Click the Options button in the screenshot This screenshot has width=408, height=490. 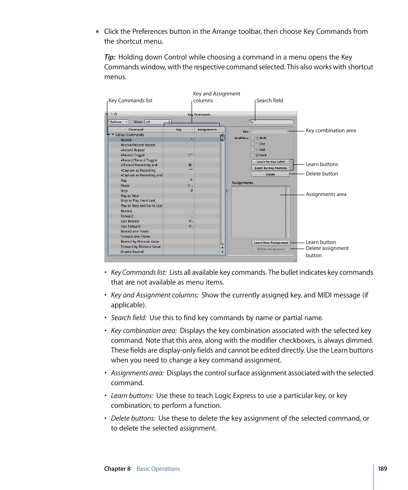[118, 122]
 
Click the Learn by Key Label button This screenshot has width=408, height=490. [270, 162]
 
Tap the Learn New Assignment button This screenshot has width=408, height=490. [271, 243]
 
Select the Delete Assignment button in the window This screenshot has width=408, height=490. [271, 249]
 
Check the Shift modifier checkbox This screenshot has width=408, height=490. [253, 138]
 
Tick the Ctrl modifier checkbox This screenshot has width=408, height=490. [253, 144]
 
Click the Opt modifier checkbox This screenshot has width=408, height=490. [253, 149]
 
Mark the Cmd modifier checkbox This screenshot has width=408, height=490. [253, 155]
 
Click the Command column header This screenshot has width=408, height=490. [136, 129]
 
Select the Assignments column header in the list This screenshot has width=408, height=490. [207, 129]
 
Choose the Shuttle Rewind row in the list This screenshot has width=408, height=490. [132, 252]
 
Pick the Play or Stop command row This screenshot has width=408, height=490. [130, 196]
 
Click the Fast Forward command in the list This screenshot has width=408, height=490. [130, 226]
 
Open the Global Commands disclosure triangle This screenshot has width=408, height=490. [113, 135]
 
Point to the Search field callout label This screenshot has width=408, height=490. [269, 101]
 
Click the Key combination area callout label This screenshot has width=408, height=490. [331, 131]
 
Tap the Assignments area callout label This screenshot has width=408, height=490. [326, 194]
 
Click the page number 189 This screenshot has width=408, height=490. [382, 469]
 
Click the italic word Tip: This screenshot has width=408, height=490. [110, 57]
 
